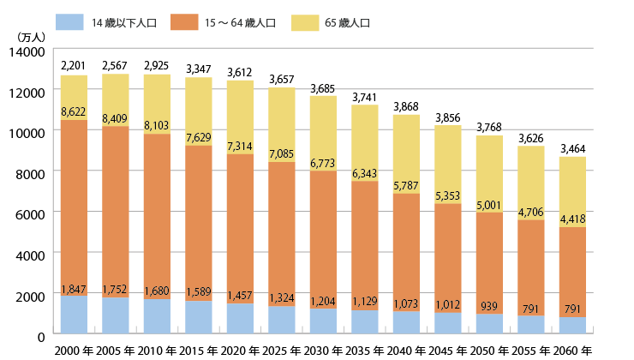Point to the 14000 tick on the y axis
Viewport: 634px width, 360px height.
point(28,51)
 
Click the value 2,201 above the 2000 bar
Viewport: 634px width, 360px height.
point(75,66)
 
